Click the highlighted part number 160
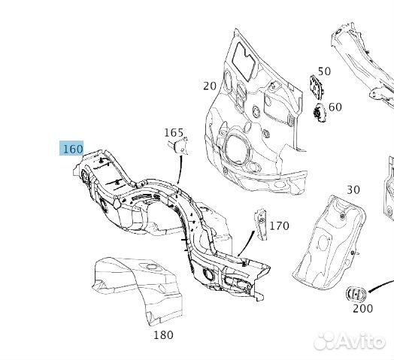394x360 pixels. coord(72,149)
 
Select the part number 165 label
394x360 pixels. coord(174,132)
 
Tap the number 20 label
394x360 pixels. coord(210,86)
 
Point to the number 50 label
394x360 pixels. coord(324,71)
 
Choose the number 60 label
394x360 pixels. coord(335,107)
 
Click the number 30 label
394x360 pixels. coord(353,190)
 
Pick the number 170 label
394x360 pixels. coord(279,226)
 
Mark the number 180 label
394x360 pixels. coord(163,335)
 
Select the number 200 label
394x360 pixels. coord(362,308)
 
